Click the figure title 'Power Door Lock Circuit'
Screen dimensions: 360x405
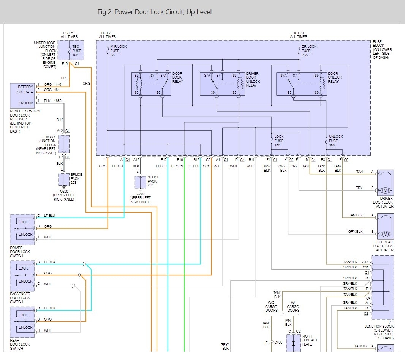point(154,12)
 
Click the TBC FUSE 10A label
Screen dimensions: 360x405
point(78,51)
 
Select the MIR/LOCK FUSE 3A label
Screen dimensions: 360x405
point(119,51)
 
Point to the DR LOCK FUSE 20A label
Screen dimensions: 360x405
point(309,51)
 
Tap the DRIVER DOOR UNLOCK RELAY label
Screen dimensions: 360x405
point(253,79)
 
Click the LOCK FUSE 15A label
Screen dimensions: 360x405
point(279,141)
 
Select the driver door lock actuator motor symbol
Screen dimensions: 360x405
point(385,190)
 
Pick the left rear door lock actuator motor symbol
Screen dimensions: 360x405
point(385,234)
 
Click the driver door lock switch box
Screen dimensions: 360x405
point(22,229)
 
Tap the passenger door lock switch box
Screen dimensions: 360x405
point(22,275)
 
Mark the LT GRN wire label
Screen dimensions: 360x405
point(177,166)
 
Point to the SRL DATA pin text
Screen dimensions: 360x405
point(25,92)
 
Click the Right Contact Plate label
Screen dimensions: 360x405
point(310,340)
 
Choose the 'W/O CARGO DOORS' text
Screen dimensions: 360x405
point(271,306)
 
